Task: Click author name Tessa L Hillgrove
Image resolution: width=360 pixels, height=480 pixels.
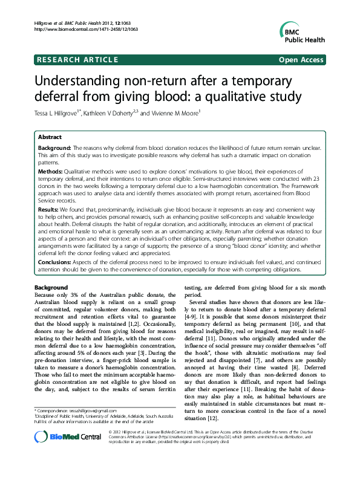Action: [x=61, y=113]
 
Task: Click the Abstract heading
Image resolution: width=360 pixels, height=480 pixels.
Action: [x=50, y=138]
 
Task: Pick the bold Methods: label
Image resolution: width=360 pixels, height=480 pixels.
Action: [x=51, y=172]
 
